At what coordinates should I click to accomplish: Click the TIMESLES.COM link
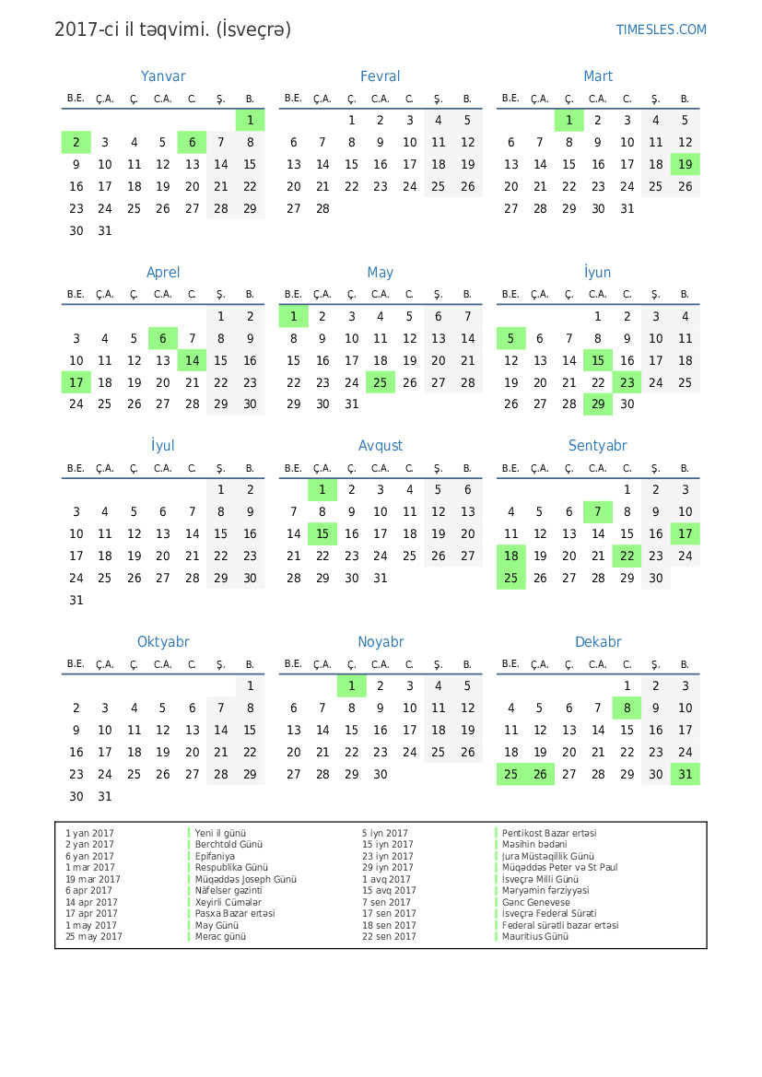point(661,29)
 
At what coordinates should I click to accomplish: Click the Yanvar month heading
point(163,76)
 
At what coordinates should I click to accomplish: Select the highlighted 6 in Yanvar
point(192,142)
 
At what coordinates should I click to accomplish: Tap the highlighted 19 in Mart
point(685,164)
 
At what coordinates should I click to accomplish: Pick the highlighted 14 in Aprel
point(192,360)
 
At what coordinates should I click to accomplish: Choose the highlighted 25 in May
point(381,382)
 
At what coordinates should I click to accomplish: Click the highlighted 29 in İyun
point(598,404)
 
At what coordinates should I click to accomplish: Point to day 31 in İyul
point(76,600)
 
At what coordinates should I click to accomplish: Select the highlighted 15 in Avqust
point(322,533)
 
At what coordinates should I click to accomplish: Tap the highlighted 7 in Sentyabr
point(598,511)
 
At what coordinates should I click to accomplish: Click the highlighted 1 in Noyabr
point(351,685)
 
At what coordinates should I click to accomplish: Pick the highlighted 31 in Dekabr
point(685,774)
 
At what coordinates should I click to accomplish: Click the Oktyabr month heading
point(163,641)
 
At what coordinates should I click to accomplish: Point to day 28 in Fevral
point(322,208)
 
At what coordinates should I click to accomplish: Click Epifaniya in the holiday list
point(215,856)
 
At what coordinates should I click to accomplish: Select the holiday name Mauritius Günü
point(535,937)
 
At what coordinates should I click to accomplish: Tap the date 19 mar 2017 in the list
point(93,879)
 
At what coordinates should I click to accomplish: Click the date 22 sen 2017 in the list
point(389,937)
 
